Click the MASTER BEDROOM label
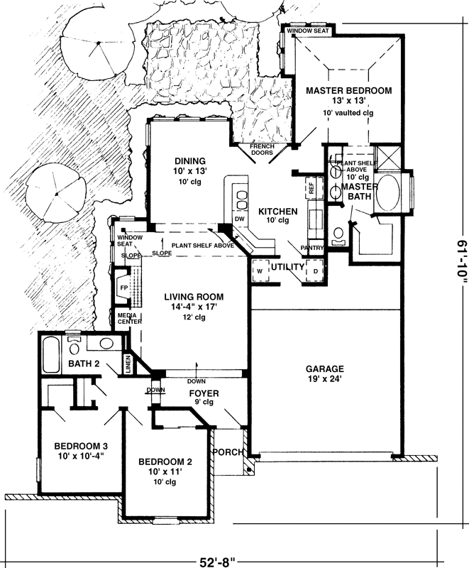pos(348,91)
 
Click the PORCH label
pos(228,452)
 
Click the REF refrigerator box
pos(311,187)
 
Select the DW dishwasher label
pos(239,219)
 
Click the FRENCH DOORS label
pos(262,148)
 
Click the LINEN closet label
pos(128,364)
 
